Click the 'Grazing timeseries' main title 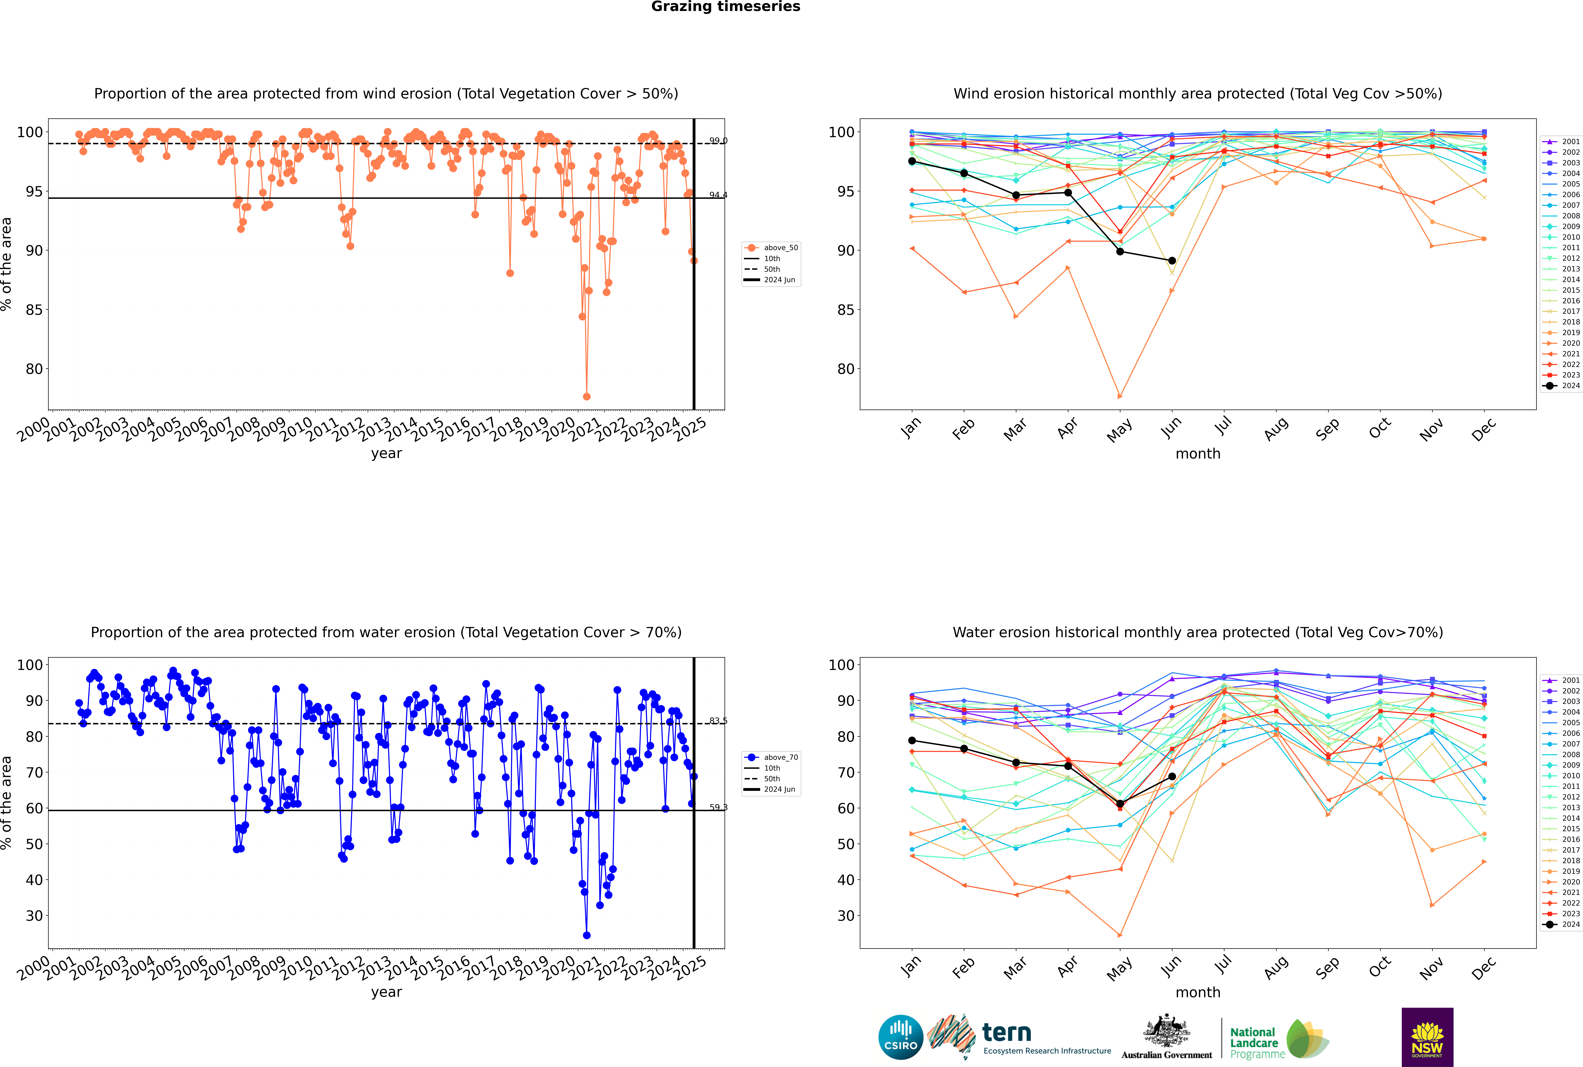click(x=726, y=7)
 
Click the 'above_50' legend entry click(x=780, y=248)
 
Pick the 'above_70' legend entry click(x=780, y=757)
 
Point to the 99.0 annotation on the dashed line click(x=718, y=141)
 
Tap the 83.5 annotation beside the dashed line click(x=718, y=721)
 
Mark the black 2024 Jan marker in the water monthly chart click(x=912, y=740)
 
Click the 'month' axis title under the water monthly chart click(x=1198, y=992)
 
